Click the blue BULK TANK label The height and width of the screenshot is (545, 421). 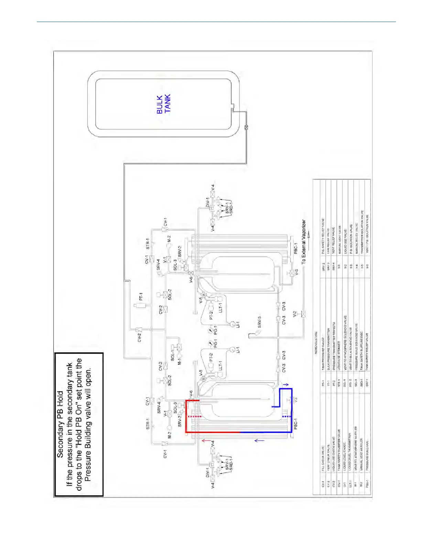pyautogui.click(x=164, y=104)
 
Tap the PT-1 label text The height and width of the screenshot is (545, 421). pyautogui.click(x=141, y=297)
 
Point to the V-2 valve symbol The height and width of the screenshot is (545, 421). pyautogui.click(x=304, y=314)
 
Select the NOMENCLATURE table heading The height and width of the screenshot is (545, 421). pyautogui.click(x=316, y=343)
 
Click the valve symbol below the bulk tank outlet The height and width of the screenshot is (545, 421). pyautogui.click(x=246, y=127)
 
